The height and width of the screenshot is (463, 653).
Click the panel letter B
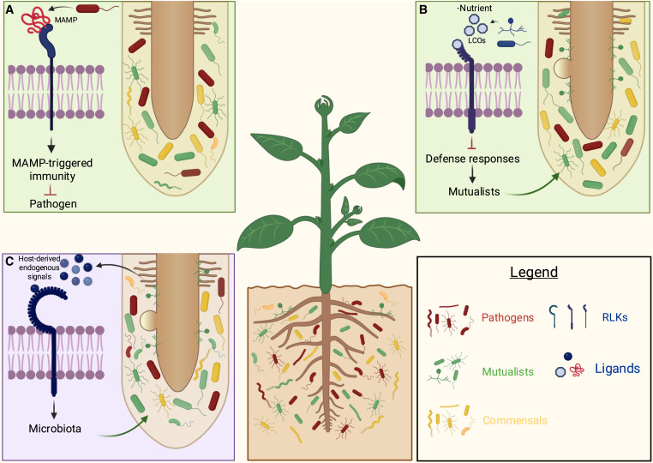(422, 9)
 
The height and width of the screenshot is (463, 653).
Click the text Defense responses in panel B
(473, 158)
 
